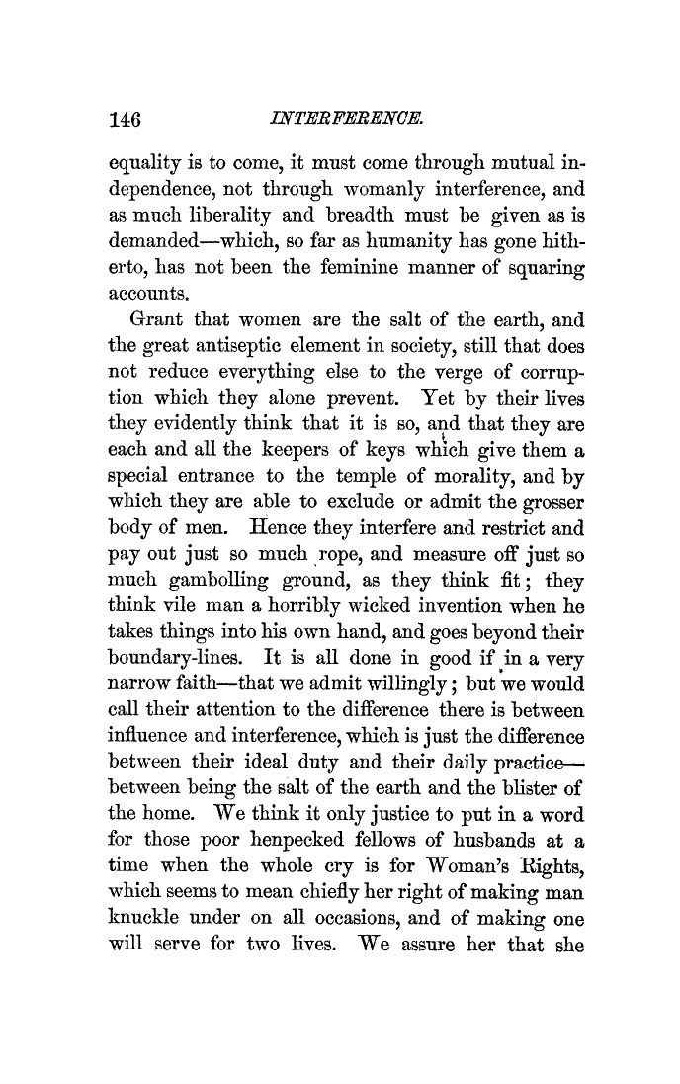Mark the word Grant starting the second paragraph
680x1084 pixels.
point(161,321)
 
